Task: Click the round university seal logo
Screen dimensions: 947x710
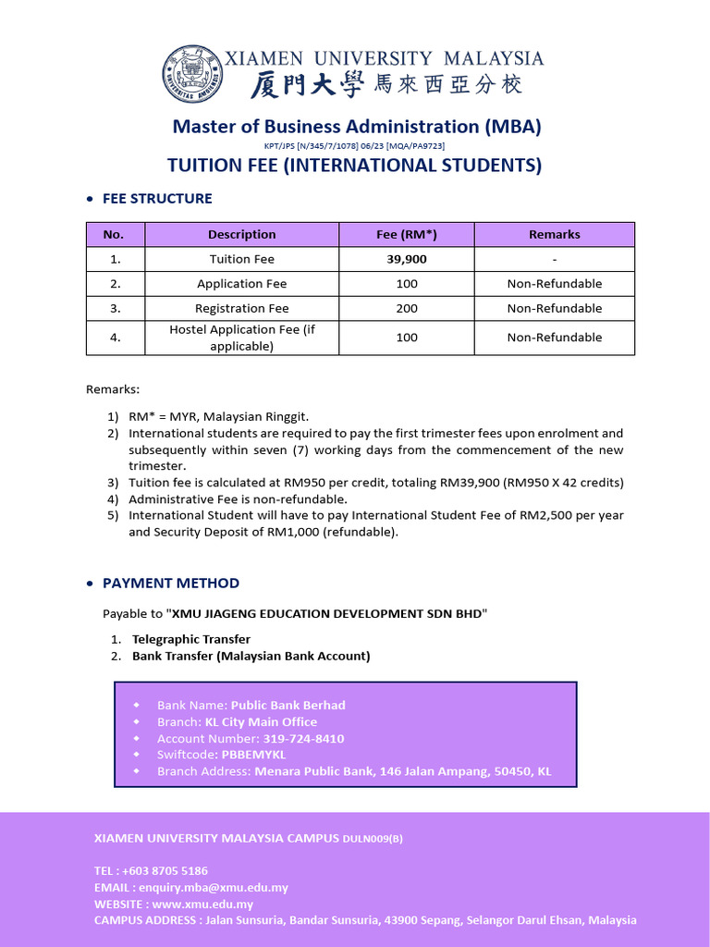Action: click(x=193, y=74)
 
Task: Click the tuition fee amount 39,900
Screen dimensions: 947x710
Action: click(x=407, y=259)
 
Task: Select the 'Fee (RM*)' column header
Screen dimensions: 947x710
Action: click(x=407, y=234)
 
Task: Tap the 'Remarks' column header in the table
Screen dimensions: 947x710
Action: click(x=555, y=234)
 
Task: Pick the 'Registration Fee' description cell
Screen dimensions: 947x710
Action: click(x=241, y=308)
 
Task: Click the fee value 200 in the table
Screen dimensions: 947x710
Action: click(x=407, y=308)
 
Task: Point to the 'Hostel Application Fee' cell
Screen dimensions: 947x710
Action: click(x=241, y=338)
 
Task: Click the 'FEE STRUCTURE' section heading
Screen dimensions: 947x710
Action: click(x=157, y=198)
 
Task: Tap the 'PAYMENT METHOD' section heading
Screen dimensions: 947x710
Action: click(x=170, y=583)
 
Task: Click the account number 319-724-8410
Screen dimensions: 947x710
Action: click(x=302, y=738)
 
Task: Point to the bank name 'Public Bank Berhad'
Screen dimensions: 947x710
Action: click(x=288, y=705)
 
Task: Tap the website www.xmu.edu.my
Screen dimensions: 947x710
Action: click(x=202, y=904)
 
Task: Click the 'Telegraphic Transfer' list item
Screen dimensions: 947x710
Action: click(x=190, y=639)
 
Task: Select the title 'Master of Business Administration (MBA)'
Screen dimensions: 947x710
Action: click(x=357, y=127)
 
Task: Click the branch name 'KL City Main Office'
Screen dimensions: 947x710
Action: click(x=261, y=721)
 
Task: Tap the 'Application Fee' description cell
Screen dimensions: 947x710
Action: click(x=241, y=284)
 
